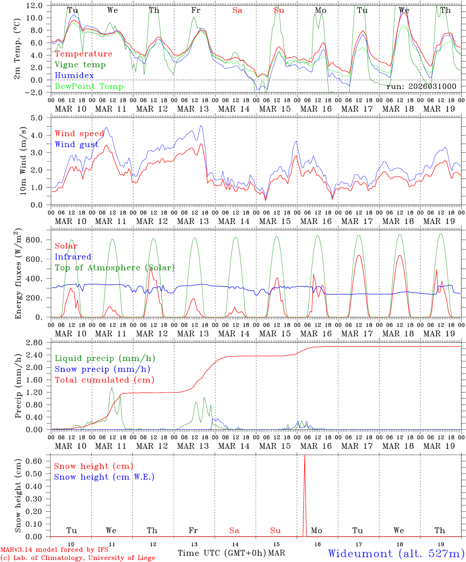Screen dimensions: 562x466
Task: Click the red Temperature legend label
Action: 84,54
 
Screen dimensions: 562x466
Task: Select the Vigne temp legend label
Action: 80,65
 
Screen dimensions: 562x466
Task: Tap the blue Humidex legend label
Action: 74,75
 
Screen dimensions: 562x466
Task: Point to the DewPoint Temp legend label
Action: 89,86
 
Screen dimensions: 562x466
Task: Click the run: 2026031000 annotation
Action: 421,86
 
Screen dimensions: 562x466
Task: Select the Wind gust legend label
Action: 76,144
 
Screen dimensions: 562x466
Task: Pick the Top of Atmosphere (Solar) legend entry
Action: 115,268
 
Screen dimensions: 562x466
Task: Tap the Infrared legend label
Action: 73,257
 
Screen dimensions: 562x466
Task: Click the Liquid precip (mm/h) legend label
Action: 105,358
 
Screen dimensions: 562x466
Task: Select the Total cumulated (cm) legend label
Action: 104,380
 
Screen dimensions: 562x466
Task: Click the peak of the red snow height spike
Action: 304,455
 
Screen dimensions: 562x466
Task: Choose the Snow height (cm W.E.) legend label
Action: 104,477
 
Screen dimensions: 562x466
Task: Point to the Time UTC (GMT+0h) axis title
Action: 222,553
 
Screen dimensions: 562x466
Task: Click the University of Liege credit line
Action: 78,558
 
